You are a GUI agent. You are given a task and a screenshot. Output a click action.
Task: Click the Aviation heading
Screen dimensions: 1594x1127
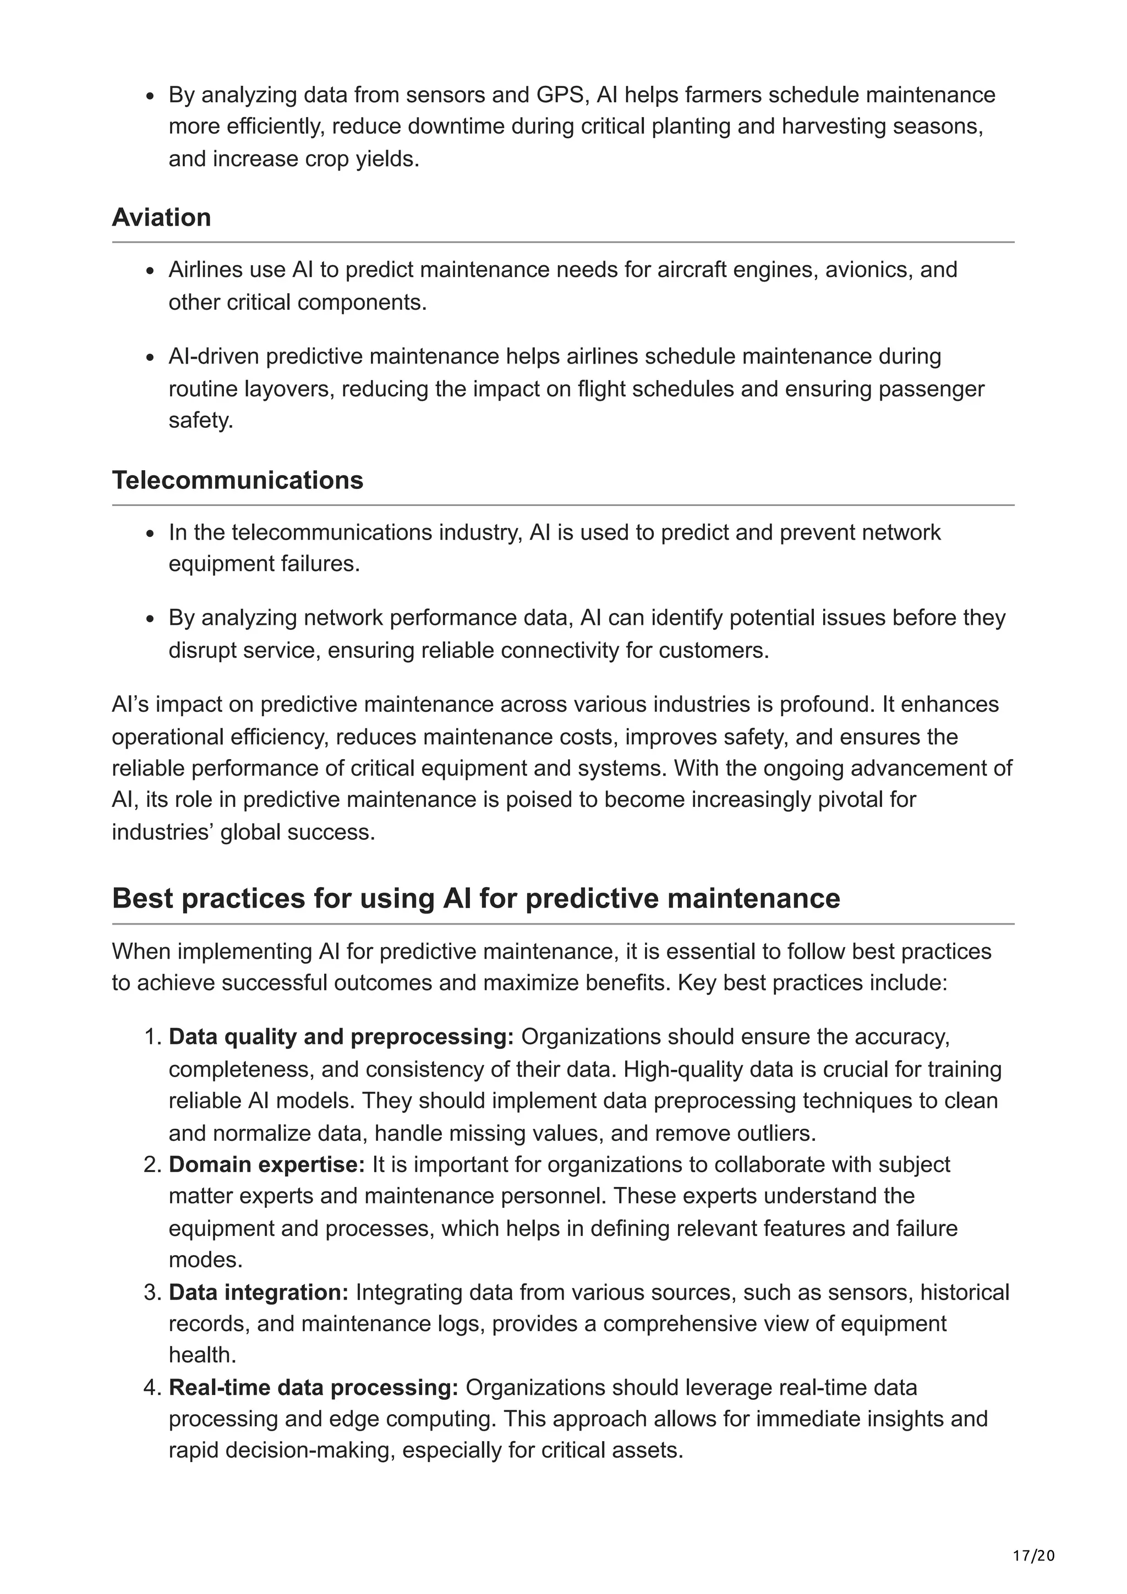point(161,218)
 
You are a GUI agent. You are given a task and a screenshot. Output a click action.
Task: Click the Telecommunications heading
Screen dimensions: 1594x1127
point(238,480)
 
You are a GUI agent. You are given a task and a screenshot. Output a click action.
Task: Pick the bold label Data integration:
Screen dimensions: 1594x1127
point(258,1292)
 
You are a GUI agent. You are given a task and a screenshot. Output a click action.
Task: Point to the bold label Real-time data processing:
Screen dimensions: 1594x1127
point(313,1387)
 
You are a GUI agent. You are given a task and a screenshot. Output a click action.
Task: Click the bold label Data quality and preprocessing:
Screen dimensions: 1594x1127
point(341,1036)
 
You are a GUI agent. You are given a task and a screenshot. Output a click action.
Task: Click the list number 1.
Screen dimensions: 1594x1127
point(151,1036)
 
